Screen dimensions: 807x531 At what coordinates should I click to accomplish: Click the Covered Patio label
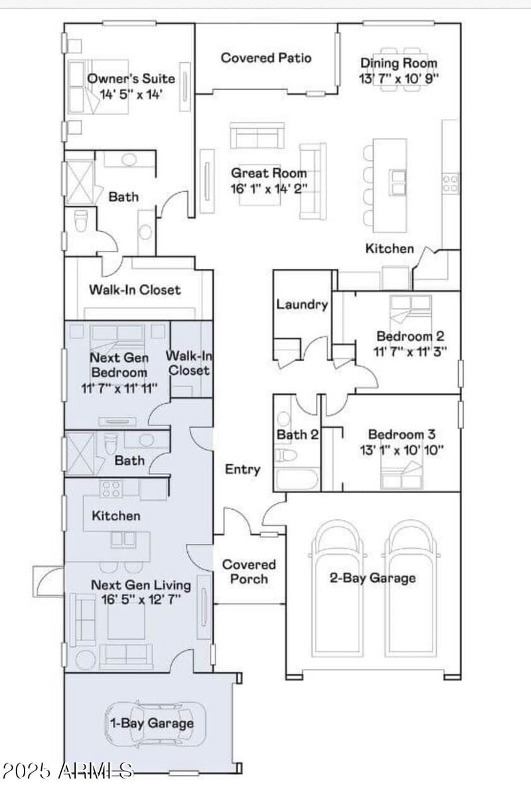(x=265, y=58)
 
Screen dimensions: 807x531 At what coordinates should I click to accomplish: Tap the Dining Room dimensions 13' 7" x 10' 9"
(x=399, y=78)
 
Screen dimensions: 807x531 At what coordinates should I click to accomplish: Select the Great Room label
(x=269, y=173)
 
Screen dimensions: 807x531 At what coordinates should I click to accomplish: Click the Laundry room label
(x=302, y=305)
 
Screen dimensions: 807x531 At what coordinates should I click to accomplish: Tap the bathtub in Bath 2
(x=297, y=479)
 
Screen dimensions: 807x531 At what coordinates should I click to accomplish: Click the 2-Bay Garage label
(x=372, y=577)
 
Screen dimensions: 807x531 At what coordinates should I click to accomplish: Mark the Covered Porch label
(x=248, y=571)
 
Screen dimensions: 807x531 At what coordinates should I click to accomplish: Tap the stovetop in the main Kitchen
(x=450, y=183)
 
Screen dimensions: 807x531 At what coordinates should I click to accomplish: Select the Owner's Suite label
(x=131, y=78)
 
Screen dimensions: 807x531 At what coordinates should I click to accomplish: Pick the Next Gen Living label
(x=140, y=585)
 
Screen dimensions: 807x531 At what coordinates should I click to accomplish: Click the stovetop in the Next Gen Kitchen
(x=110, y=489)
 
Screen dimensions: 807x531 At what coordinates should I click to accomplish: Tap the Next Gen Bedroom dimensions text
(x=119, y=388)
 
